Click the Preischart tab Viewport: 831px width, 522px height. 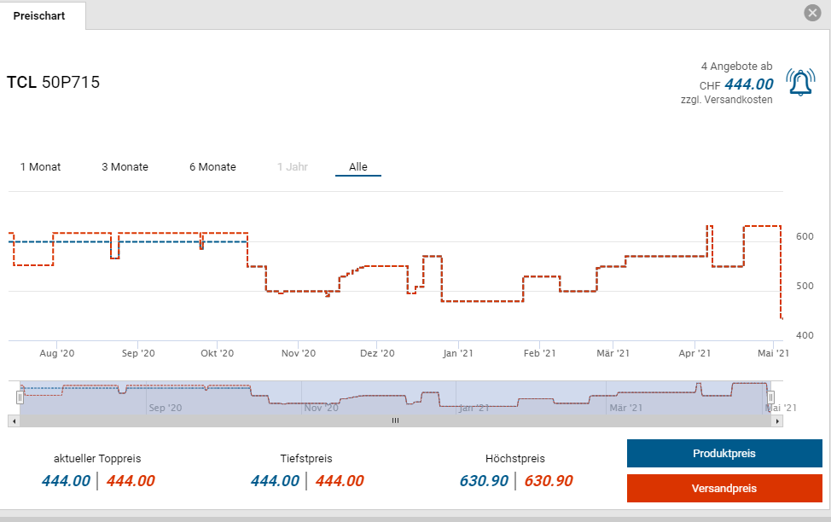click(x=39, y=15)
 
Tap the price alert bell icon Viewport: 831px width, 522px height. click(x=800, y=83)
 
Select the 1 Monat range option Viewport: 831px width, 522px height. click(x=40, y=167)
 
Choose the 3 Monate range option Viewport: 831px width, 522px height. click(x=125, y=167)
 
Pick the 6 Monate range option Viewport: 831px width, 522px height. click(x=212, y=167)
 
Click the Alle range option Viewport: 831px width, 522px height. click(x=358, y=167)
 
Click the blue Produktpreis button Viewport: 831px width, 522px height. click(x=723, y=454)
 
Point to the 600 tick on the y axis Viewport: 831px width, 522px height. click(x=805, y=236)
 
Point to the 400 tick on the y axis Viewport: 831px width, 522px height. click(x=805, y=335)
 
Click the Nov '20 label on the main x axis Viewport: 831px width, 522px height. click(x=299, y=352)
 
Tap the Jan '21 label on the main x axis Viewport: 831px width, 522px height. click(x=459, y=352)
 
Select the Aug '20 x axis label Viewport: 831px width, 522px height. click(x=57, y=352)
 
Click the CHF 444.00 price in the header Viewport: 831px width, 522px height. click(x=748, y=84)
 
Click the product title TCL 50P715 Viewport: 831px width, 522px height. click(x=53, y=83)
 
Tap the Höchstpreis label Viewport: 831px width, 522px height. click(x=514, y=459)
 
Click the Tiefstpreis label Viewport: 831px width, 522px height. click(x=306, y=459)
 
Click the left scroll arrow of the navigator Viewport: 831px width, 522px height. click(x=12, y=420)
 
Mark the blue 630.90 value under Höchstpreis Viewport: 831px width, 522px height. click(x=484, y=481)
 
